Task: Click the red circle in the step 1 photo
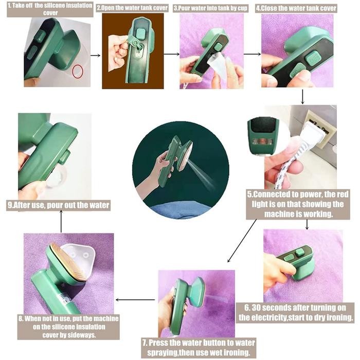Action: pos(77,72)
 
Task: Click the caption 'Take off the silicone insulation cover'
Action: pos(49,9)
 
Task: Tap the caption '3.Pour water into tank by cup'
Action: pos(213,8)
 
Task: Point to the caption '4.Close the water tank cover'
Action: pos(297,8)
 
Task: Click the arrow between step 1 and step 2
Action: pos(95,53)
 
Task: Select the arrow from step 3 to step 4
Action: pos(251,53)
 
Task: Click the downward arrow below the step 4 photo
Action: pos(303,96)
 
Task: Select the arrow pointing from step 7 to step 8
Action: pos(134,299)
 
